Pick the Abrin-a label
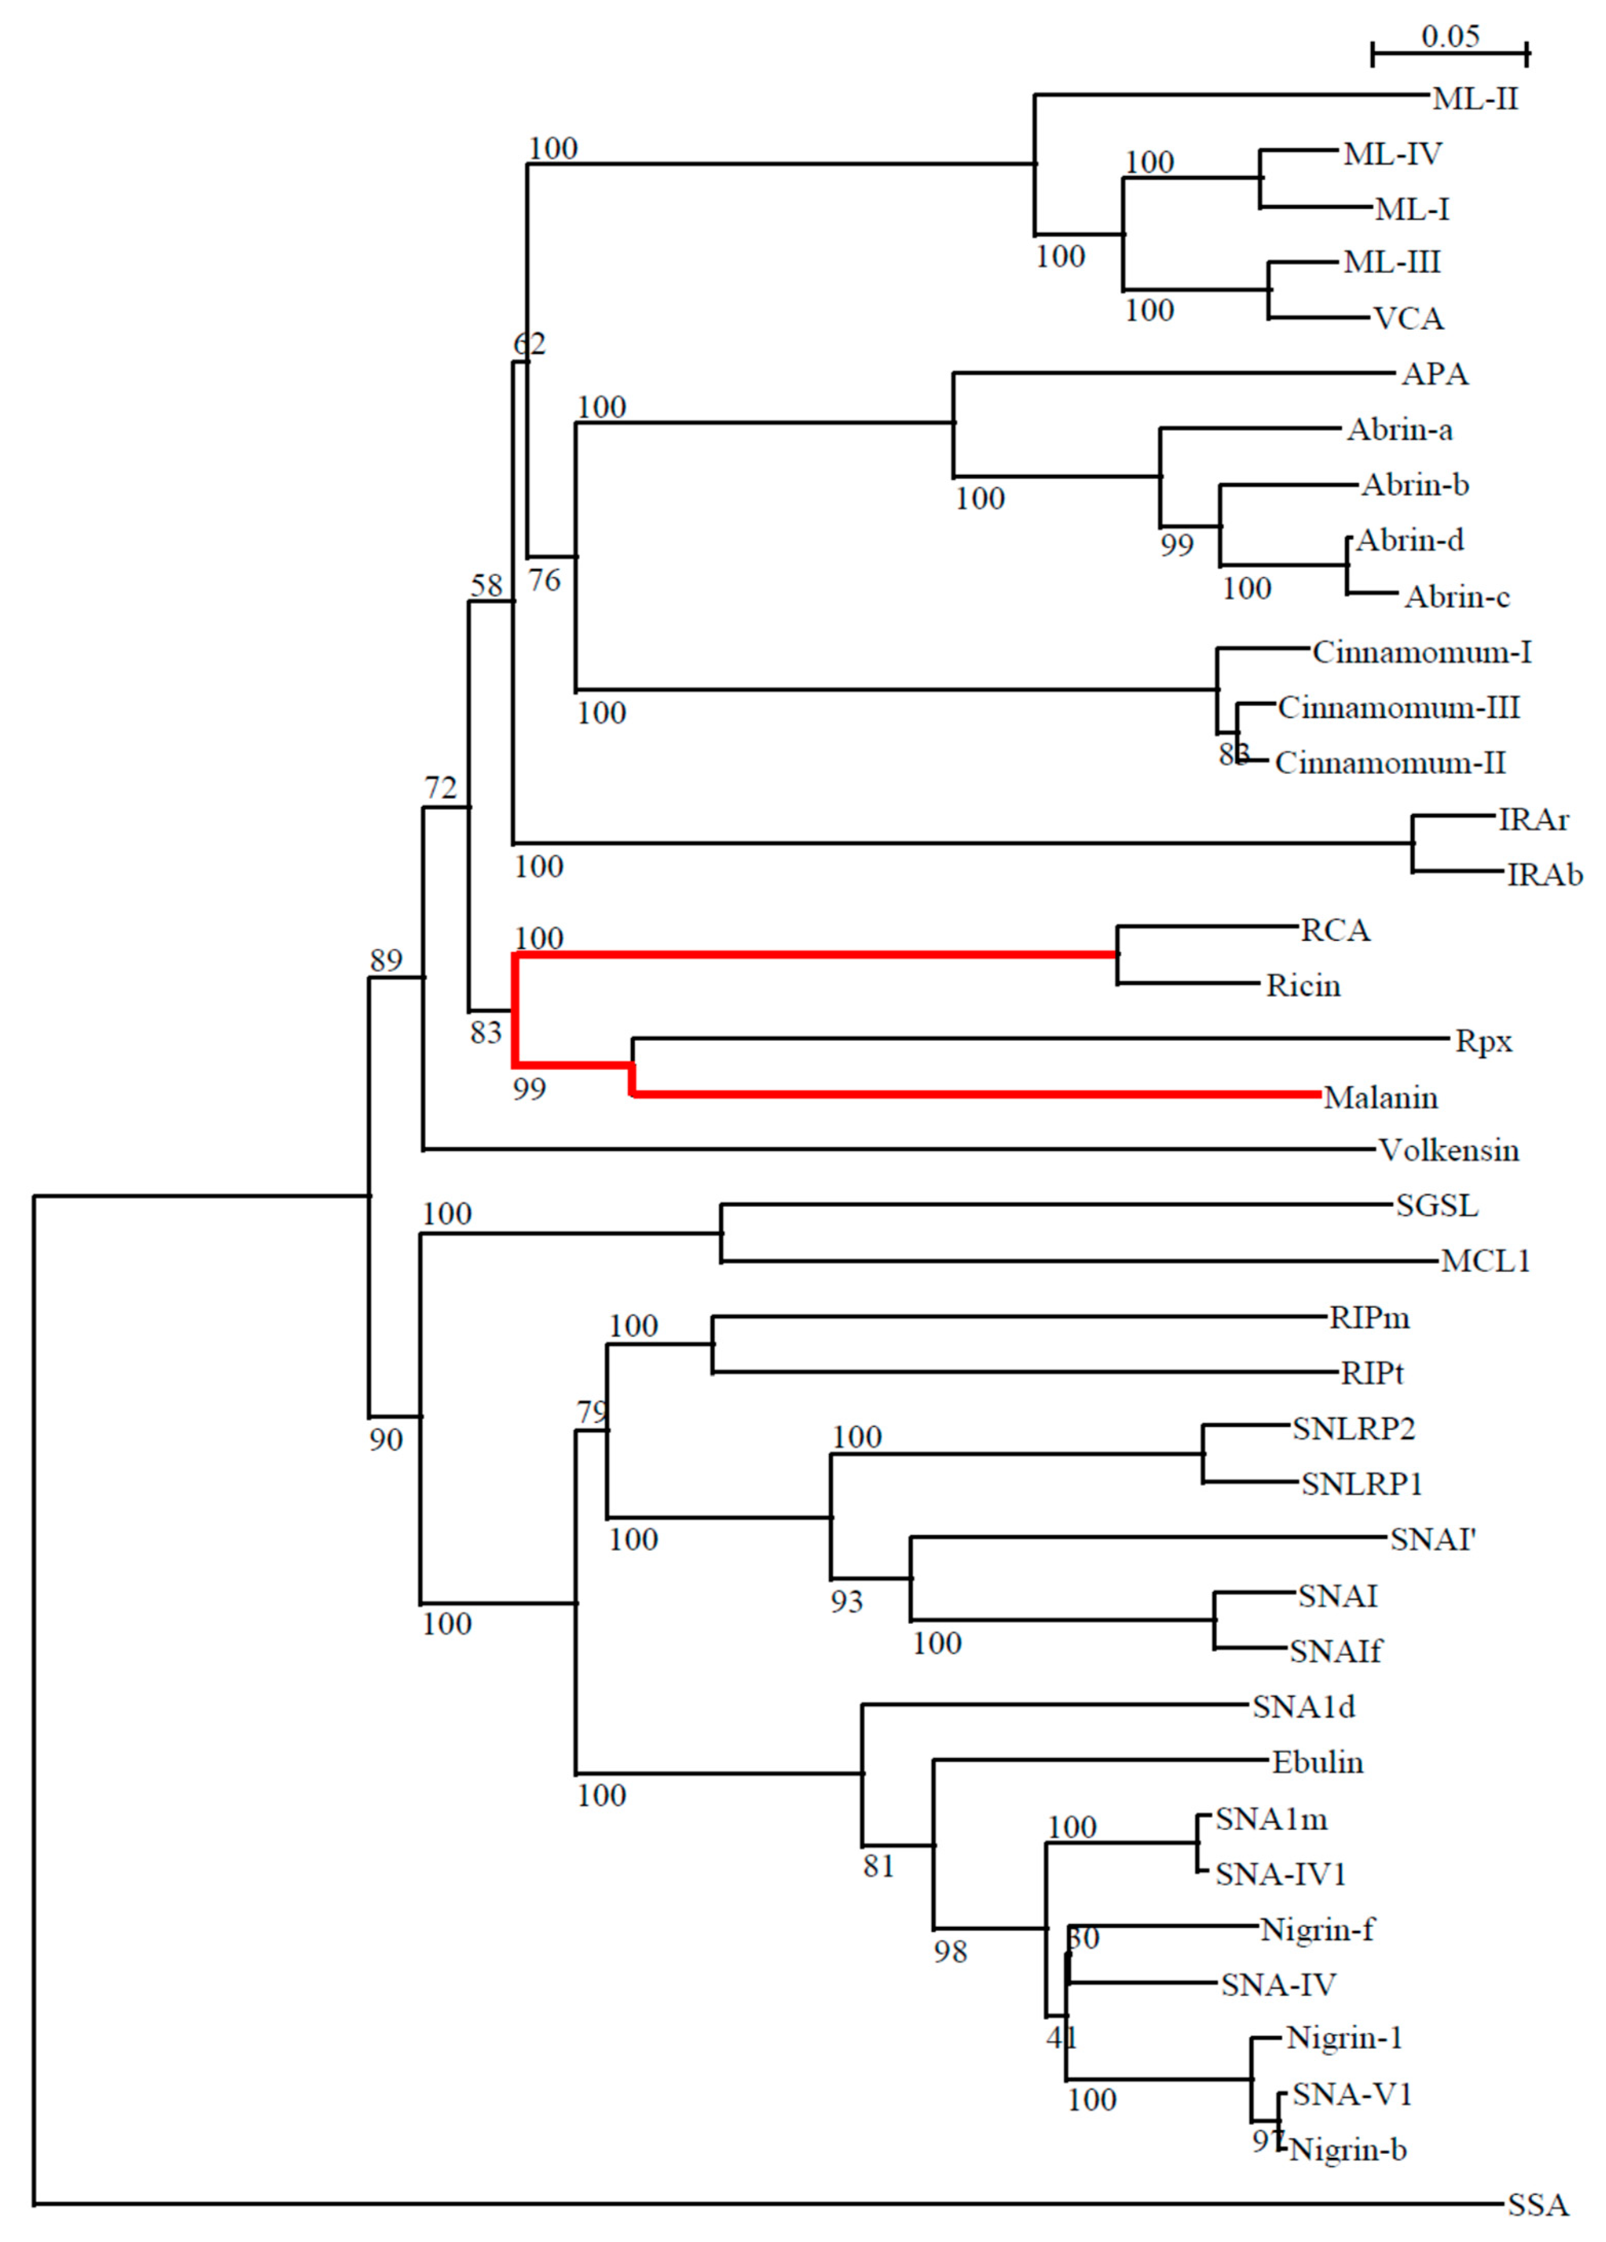tap(1399, 430)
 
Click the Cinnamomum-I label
tap(1421, 652)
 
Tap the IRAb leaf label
tap(1545, 875)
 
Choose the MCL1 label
tap(1485, 1261)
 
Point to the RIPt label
tap(1372, 1373)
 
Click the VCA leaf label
tap(1408, 319)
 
